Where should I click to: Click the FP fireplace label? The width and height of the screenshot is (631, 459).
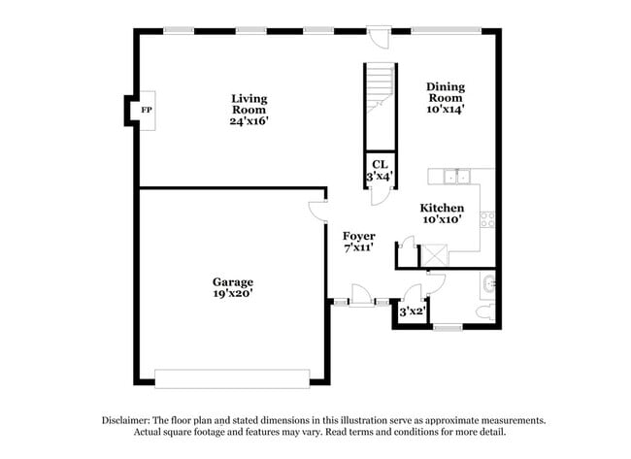147,111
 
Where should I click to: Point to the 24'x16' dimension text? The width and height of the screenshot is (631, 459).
249,121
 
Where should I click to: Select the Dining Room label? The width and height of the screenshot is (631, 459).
446,91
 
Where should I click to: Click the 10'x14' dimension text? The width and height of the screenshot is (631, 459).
446,110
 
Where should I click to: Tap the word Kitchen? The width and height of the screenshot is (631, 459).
442,208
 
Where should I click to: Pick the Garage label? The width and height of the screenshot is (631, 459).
234,280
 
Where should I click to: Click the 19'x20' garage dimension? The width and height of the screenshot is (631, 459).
234,292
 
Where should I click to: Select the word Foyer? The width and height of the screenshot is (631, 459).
359,236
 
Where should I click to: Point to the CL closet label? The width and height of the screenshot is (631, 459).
378,165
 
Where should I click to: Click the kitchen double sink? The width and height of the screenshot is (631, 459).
453,177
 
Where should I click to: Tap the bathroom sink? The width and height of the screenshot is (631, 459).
487,284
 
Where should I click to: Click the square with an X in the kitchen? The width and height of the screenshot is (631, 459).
432,254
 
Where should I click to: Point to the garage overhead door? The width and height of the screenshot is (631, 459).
233,377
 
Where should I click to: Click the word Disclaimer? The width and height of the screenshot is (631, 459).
129,420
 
